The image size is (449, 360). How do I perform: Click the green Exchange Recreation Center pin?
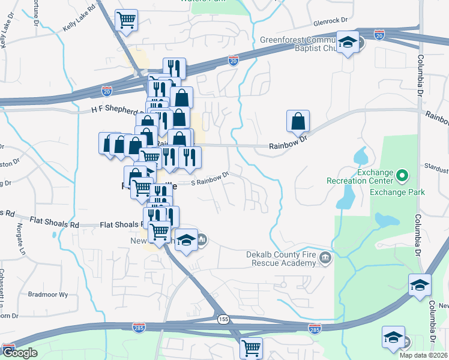pyautogui.click(x=402, y=176)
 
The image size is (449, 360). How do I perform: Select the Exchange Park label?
pyautogui.click(x=397, y=193)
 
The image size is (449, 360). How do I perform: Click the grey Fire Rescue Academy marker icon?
pyautogui.click(x=325, y=258)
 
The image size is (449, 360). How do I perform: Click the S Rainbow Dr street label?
pyautogui.click(x=210, y=179)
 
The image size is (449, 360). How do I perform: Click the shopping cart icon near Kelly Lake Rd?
pyautogui.click(x=127, y=20)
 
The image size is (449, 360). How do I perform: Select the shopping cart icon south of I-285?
pyautogui.click(x=251, y=347)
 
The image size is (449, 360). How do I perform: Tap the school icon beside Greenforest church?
pyautogui.click(x=347, y=43)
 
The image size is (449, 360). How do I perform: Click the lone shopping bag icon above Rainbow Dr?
pyautogui.click(x=298, y=121)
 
